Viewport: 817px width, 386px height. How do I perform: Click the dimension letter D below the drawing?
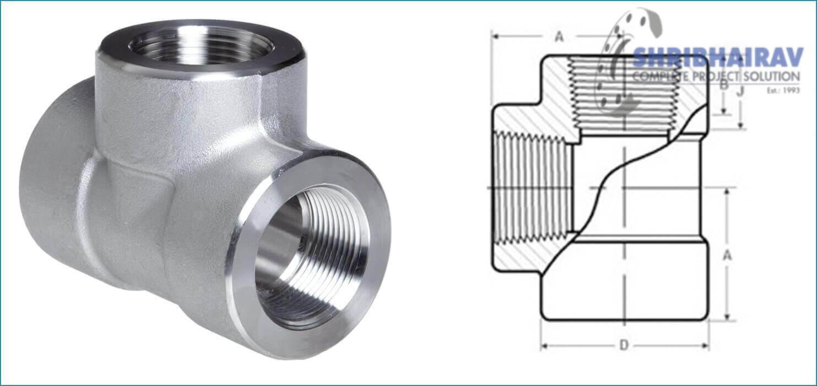click(x=624, y=345)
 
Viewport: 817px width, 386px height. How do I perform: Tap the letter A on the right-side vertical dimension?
click(x=728, y=255)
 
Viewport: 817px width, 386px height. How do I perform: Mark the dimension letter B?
click(x=724, y=85)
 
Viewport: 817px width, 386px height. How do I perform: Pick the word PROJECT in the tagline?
click(x=713, y=76)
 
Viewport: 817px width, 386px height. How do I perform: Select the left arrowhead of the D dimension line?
click(x=543, y=346)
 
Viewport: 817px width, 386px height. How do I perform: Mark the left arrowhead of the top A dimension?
click(x=494, y=37)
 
